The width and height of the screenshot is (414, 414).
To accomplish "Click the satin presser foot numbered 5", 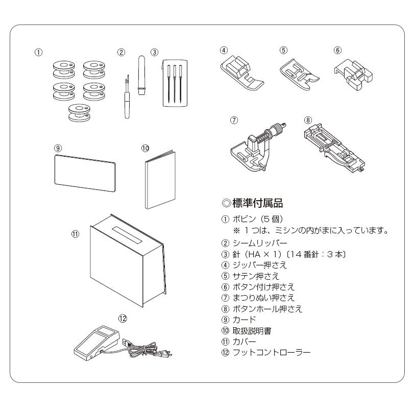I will point(301,74).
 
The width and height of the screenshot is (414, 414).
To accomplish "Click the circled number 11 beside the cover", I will point(75,234).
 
